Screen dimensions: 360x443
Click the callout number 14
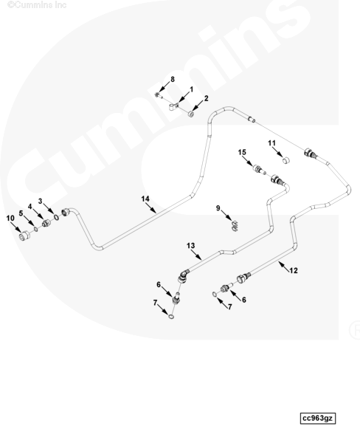pos(145,199)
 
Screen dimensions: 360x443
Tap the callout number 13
pos(190,246)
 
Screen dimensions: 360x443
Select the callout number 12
pos(294,270)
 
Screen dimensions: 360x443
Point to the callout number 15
pos(242,152)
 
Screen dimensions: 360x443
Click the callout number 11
pos(271,143)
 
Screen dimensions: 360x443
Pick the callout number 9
pos(218,208)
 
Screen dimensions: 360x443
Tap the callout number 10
pos(10,218)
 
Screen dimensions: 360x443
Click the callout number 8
pos(172,80)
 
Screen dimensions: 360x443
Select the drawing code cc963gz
pos(318,418)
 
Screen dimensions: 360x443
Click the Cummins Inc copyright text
pos(37,5)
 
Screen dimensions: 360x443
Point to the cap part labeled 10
pos(24,236)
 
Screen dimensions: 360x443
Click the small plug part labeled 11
pos(286,160)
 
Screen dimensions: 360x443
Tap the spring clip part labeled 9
pos(235,226)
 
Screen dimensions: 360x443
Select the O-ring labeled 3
pos(57,218)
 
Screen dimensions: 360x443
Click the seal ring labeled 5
pos(35,229)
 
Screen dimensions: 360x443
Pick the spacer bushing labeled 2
pos(191,114)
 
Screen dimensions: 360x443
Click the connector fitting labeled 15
pos(259,170)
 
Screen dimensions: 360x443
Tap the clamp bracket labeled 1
pos(173,107)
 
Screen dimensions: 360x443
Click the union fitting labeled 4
pos(46,224)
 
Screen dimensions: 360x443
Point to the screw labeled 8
pos(159,95)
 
